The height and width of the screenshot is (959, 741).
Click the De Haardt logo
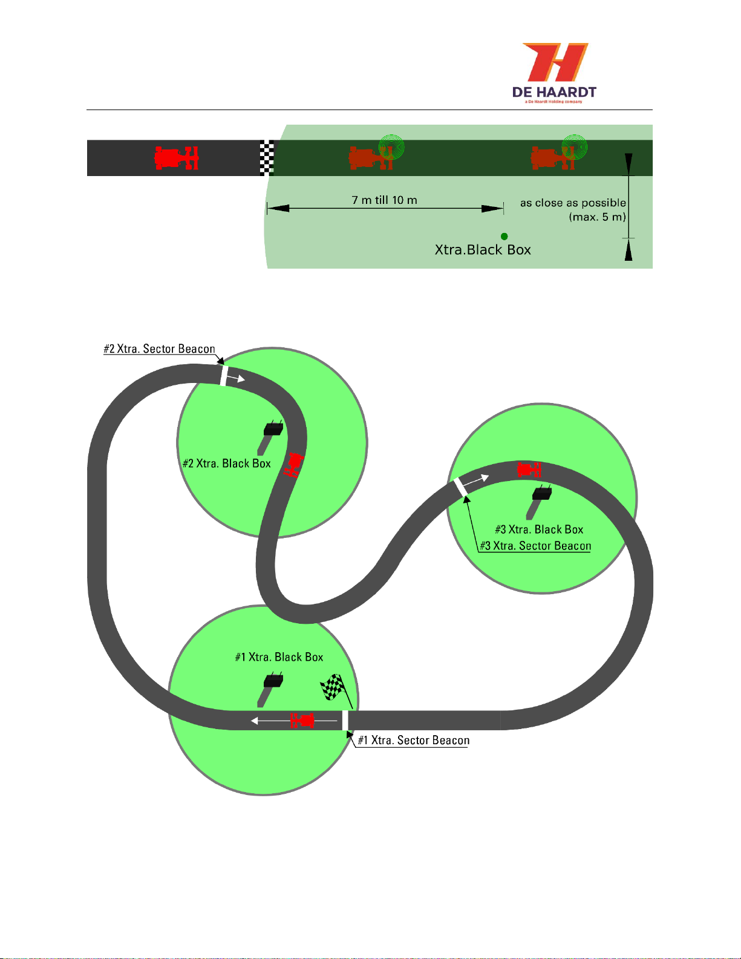(554, 72)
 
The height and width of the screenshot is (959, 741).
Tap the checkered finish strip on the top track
(267, 158)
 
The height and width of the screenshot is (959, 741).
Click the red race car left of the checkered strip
(177, 158)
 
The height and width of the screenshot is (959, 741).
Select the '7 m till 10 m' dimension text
(385, 200)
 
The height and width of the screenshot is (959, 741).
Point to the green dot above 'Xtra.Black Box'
(504, 237)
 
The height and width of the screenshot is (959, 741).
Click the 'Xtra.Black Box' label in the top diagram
(483, 250)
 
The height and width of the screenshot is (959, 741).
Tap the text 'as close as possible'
(573, 203)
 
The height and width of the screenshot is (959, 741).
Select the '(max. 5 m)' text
(597, 217)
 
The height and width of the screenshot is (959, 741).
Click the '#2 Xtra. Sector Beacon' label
(160, 349)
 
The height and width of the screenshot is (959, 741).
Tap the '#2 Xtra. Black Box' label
(227, 463)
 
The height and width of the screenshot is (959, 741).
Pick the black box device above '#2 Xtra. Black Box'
(273, 429)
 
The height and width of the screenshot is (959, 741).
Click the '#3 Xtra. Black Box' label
(539, 529)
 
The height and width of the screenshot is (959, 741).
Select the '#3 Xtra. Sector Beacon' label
(535, 546)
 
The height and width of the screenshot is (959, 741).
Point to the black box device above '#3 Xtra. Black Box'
(542, 494)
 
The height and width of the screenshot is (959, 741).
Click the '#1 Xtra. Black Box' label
(279, 657)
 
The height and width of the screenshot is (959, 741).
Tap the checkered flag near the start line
(333, 687)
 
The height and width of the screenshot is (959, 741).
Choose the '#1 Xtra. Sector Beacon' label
(414, 741)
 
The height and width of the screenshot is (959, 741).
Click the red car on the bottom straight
(302, 721)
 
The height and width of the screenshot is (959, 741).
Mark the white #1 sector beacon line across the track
(345, 721)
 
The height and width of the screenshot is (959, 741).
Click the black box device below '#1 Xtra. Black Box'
(273, 681)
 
